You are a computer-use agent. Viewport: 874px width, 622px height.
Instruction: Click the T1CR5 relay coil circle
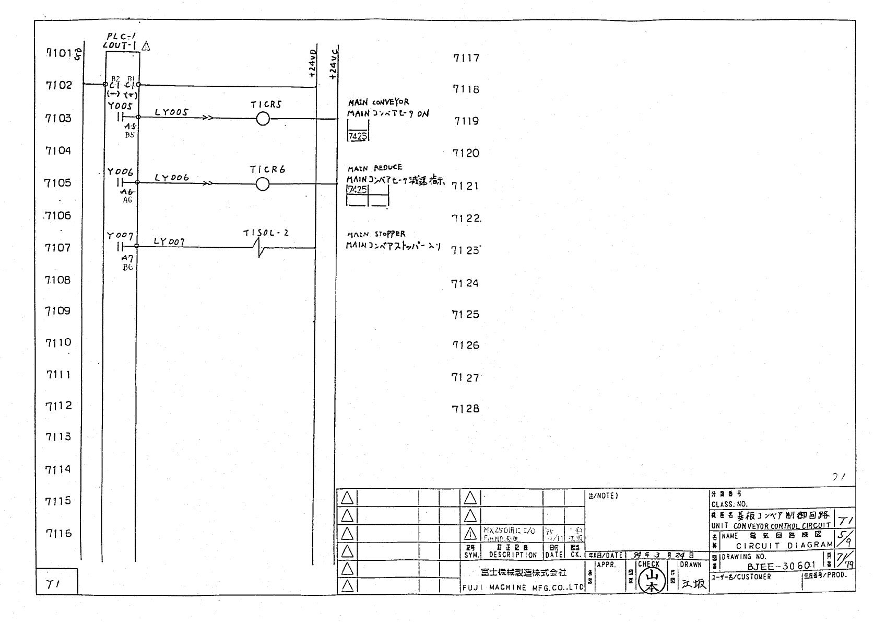tap(263, 119)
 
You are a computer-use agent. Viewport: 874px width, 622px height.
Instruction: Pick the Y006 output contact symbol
tap(120, 182)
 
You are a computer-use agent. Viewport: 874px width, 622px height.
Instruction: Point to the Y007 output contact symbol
tap(120, 246)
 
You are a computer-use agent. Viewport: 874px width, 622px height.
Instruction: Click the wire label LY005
tap(171, 112)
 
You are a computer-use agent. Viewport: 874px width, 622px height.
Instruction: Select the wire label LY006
tap(171, 178)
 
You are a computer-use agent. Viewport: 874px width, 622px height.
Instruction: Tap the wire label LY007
tap(169, 242)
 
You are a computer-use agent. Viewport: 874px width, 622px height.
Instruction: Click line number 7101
tap(58, 53)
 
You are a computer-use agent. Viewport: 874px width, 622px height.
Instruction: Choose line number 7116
tap(58, 533)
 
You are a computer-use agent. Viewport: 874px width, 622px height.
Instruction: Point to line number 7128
tap(465, 409)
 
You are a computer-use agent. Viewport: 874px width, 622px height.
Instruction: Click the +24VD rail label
tap(312, 64)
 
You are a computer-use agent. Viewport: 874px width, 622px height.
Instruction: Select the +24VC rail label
tap(334, 64)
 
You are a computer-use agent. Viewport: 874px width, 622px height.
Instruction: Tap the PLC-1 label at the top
tap(121, 37)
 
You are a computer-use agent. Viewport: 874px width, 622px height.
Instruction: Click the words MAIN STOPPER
tap(376, 234)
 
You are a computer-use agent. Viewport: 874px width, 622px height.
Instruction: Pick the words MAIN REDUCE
tap(375, 168)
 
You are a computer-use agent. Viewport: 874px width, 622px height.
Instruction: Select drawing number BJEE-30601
tap(781, 566)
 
